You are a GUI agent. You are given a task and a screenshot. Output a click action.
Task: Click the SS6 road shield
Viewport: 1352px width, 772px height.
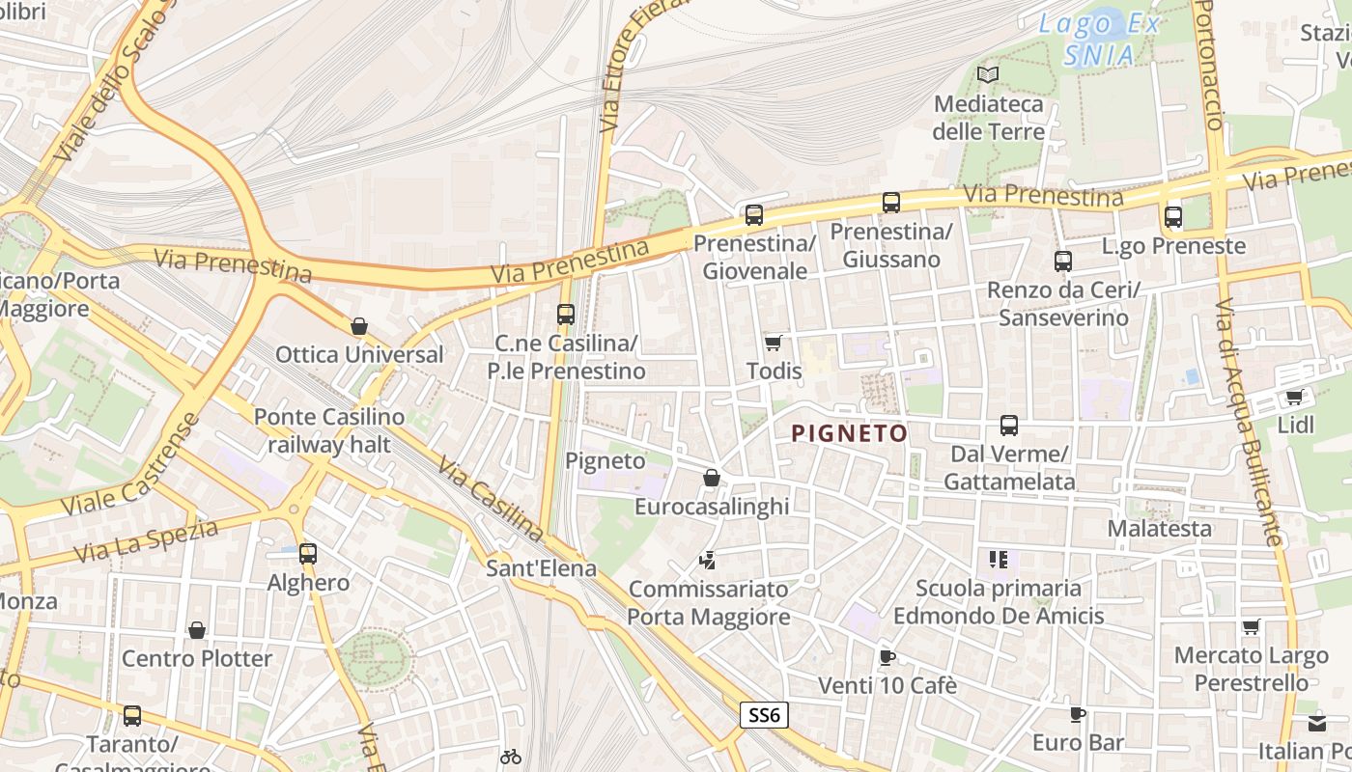click(765, 715)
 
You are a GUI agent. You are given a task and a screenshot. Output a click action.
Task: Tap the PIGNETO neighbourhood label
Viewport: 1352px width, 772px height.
click(850, 433)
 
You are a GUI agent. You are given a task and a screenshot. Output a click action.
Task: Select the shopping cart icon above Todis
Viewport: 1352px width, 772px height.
click(773, 343)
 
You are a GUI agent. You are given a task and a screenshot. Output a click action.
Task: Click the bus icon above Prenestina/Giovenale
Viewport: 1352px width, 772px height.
click(754, 214)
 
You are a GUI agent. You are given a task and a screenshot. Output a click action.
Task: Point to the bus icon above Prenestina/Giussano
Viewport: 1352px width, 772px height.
click(891, 203)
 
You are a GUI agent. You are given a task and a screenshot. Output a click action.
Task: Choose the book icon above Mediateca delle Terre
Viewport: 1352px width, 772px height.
click(988, 74)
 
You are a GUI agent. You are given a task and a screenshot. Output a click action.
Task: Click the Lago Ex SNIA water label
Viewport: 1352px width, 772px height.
click(1100, 40)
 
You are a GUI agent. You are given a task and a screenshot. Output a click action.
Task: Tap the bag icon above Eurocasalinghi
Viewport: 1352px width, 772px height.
click(712, 478)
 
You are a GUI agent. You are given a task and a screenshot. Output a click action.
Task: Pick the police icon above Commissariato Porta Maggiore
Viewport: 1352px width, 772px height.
click(708, 560)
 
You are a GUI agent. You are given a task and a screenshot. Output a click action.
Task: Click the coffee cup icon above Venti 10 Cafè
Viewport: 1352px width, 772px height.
click(887, 657)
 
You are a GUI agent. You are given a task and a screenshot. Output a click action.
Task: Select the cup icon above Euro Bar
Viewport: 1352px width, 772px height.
click(1078, 714)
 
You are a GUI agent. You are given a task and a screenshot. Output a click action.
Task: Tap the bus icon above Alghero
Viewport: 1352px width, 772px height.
click(308, 554)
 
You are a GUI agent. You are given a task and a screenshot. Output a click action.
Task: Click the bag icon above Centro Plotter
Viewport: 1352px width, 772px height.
click(197, 630)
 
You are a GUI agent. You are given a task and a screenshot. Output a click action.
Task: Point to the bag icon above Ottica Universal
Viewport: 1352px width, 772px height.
click(359, 326)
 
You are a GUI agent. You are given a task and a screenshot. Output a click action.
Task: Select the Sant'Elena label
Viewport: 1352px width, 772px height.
click(541, 568)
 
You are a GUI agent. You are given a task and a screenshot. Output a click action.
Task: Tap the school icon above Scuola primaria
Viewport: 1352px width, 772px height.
click(999, 560)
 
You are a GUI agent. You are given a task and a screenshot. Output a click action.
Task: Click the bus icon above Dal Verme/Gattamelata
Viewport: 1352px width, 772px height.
click(1009, 426)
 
